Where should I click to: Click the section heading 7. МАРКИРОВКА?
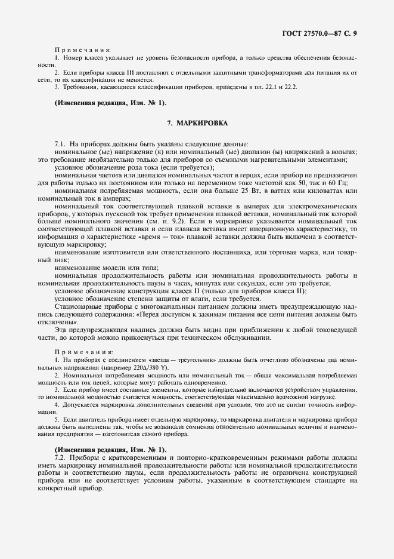[x=197, y=122]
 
